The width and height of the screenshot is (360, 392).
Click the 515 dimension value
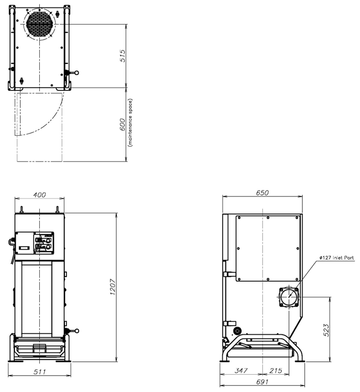pos(123,56)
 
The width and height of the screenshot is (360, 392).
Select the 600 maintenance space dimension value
pos(123,124)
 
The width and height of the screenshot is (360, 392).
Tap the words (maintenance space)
pos(130,122)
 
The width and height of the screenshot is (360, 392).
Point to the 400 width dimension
pos(39,194)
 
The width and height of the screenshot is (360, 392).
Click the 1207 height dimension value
pos(113,287)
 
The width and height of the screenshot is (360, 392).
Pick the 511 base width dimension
pos(39,372)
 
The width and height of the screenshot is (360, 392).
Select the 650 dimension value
pos(262,193)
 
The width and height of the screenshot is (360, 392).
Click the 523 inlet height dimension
pos(326,330)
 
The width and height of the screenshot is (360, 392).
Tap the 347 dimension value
pos(241,370)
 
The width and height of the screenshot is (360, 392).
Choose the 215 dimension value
pos(276,370)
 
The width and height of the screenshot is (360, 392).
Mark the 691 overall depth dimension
pos(262,382)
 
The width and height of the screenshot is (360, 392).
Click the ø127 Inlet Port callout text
pos(337,257)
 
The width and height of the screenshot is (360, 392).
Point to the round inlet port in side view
pos(289,297)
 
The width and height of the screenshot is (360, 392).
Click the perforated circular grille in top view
pos(39,24)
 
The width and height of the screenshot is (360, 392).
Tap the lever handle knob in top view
pos(77,73)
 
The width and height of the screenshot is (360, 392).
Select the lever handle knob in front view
pos(77,331)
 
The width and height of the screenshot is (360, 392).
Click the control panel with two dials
pos(44,243)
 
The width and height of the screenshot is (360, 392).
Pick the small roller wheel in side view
pos(236,331)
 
